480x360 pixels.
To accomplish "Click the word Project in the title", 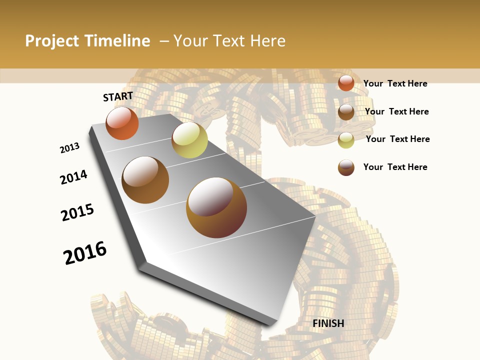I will (52, 41).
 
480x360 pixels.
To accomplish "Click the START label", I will (118, 96).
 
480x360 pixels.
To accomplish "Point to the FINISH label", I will (328, 323).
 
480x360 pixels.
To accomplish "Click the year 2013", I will (70, 148).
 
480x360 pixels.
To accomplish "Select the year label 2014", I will (74, 177).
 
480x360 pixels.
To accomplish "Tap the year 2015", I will (77, 212).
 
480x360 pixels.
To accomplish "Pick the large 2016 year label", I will (85, 253).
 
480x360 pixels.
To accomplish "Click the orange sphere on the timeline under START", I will (122, 123).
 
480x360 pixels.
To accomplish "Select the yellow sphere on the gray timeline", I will (189, 140).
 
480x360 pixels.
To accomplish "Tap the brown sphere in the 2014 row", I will (145, 180).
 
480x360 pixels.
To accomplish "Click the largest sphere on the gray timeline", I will (216, 207).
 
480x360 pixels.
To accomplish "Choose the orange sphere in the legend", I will (346, 83).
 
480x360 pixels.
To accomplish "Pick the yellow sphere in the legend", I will (346, 140).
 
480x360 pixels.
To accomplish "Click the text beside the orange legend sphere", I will (395, 83).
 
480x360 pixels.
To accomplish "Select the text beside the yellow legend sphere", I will (397, 139).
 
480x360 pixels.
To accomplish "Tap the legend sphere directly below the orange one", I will (346, 112).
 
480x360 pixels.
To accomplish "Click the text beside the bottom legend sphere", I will (395, 167).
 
